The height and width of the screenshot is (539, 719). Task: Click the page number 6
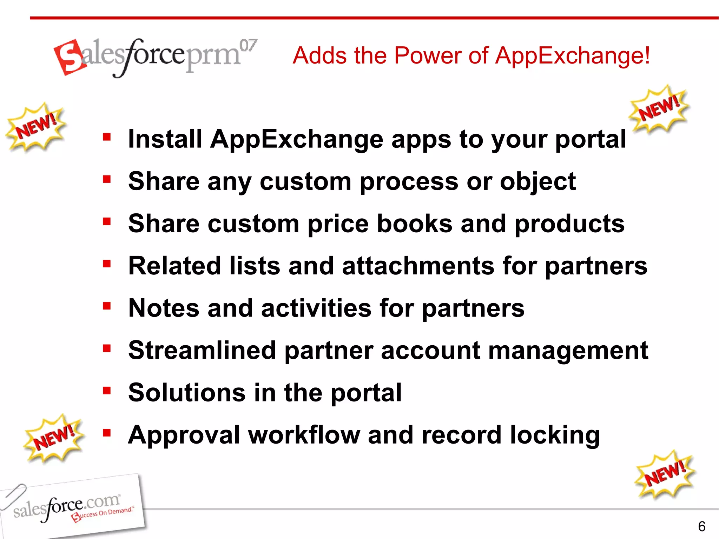coord(701,526)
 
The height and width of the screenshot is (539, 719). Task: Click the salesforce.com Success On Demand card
coord(73,506)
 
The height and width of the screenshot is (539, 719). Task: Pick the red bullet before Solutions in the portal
coord(107,391)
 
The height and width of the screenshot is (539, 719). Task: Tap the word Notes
coord(164,308)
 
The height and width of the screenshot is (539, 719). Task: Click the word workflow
coord(304,435)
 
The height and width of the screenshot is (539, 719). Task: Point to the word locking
coord(555,435)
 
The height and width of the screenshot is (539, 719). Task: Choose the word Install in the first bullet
coord(165,139)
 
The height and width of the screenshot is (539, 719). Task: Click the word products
coord(569,224)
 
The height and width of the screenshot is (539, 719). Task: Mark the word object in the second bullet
coord(538,182)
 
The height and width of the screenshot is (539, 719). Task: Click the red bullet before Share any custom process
coord(107,180)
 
